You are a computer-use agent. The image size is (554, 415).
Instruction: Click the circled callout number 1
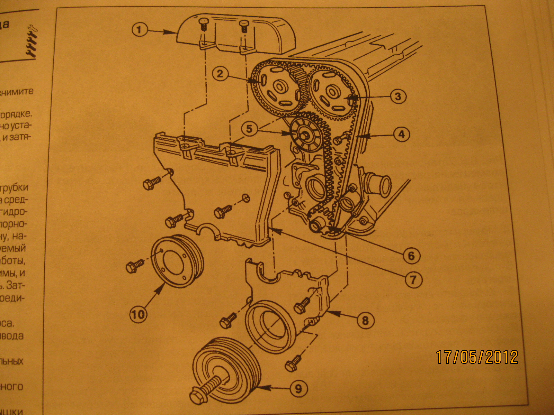pyautogui.click(x=139, y=29)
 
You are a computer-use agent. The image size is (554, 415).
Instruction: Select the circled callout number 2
pyautogui.click(x=220, y=73)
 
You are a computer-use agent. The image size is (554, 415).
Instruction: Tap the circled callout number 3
pyautogui.click(x=398, y=96)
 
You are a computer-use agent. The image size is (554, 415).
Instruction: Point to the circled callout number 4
pyautogui.click(x=401, y=134)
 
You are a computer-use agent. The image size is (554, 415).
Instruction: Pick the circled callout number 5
pyautogui.click(x=249, y=129)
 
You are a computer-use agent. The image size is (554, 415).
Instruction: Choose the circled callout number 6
pyautogui.click(x=411, y=256)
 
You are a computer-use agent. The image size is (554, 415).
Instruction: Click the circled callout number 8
pyautogui.click(x=365, y=320)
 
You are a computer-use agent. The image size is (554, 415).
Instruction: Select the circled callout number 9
pyautogui.click(x=298, y=389)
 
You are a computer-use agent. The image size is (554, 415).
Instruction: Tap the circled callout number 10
pyautogui.click(x=138, y=314)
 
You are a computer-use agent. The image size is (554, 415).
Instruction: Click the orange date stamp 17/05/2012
pyautogui.click(x=477, y=357)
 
